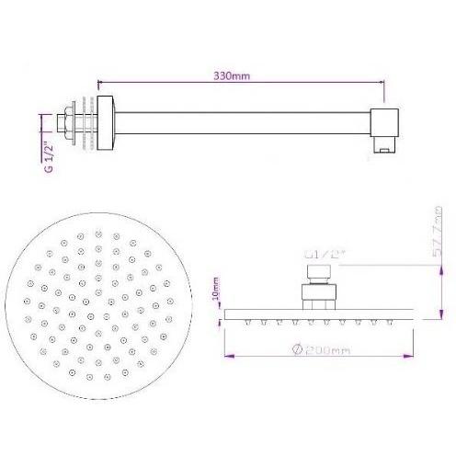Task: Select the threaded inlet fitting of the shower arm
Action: point(69,121)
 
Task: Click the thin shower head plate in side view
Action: point(317,315)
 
